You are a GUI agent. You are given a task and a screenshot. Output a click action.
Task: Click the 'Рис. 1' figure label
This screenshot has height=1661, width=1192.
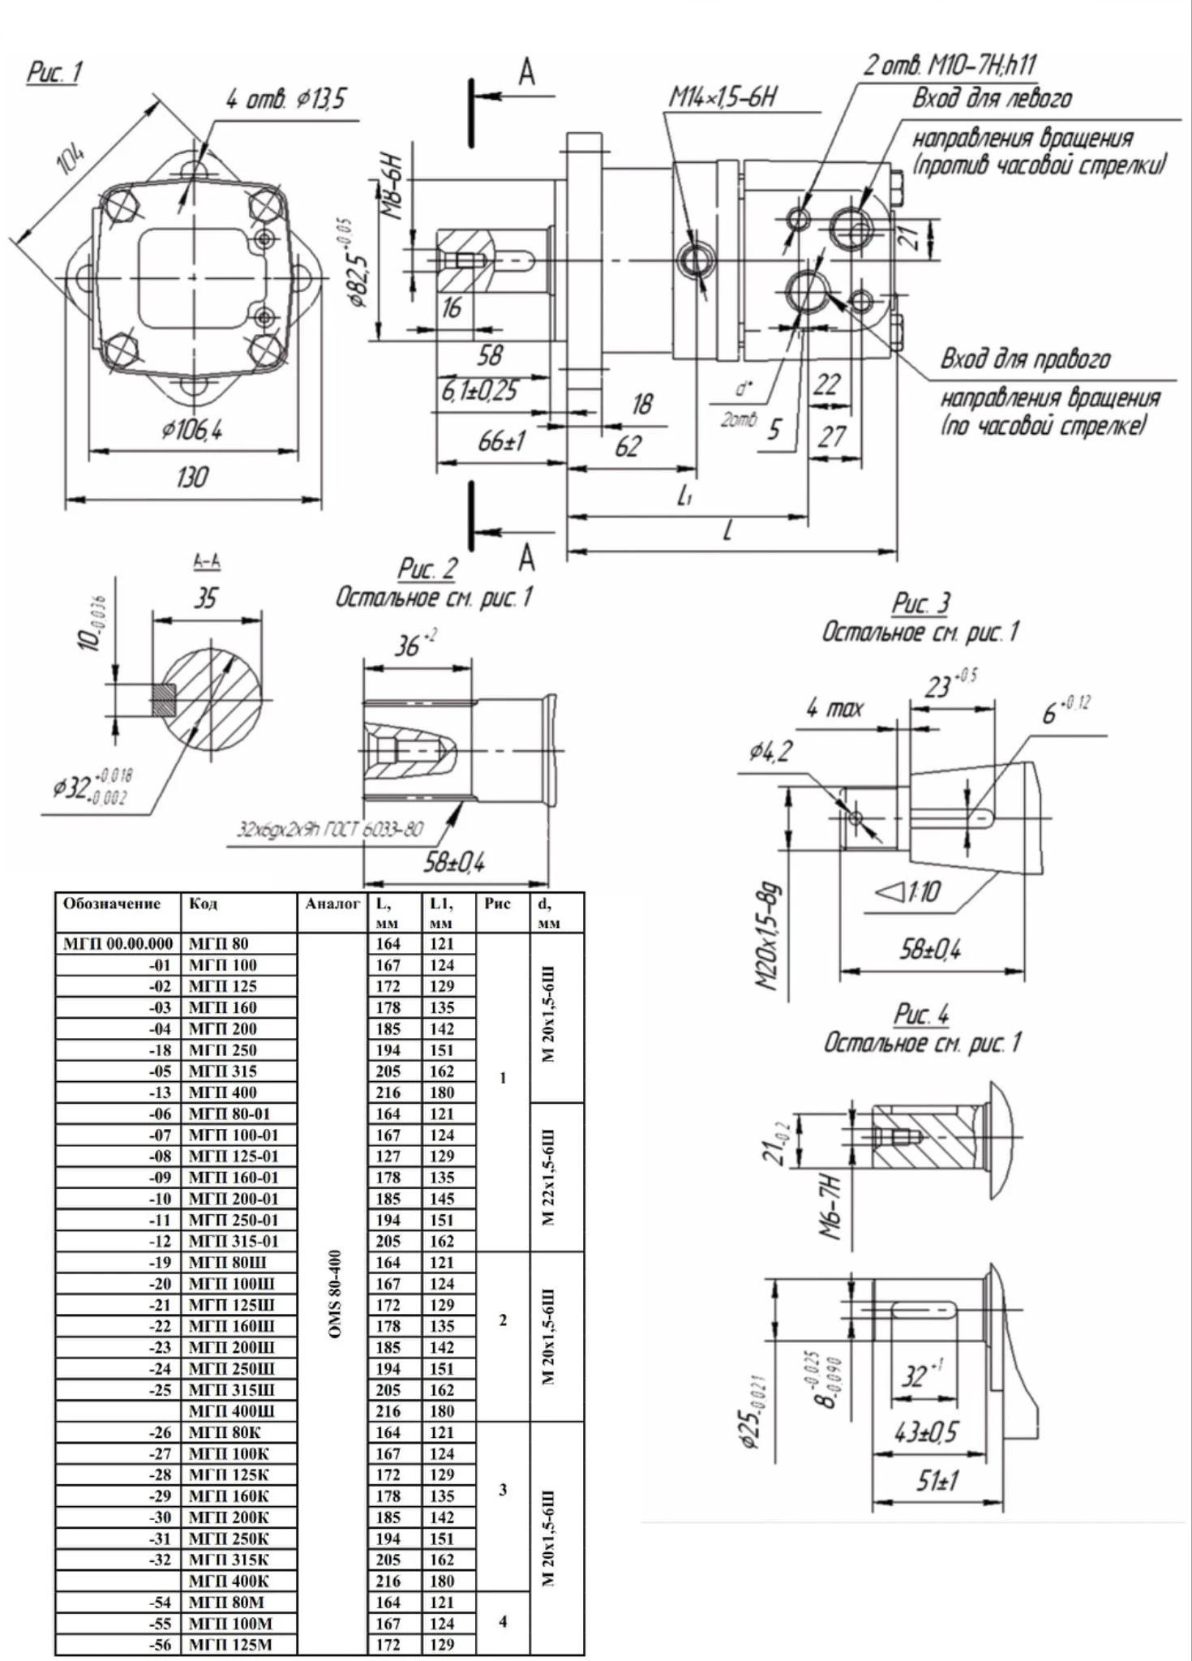(54, 73)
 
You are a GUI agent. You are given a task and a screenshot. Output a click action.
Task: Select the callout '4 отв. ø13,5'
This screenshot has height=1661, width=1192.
(285, 100)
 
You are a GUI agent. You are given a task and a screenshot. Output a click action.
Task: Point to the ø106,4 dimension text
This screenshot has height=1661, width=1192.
(192, 430)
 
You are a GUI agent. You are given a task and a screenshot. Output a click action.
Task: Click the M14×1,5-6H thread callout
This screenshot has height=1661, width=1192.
(722, 97)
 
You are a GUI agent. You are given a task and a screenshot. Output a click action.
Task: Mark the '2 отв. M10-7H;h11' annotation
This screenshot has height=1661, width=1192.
(950, 65)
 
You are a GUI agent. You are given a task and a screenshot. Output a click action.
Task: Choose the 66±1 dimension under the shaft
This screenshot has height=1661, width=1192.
(501, 442)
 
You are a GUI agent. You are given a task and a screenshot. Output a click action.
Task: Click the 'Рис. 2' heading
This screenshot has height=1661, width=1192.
(427, 569)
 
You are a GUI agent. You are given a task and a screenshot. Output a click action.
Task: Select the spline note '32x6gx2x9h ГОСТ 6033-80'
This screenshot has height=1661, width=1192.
(329, 830)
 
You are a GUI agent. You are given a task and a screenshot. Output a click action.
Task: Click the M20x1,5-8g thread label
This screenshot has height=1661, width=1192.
(767, 937)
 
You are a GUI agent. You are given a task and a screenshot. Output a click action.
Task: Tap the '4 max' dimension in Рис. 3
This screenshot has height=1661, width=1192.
(834, 709)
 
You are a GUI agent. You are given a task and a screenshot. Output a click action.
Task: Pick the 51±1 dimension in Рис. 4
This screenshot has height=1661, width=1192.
(937, 1482)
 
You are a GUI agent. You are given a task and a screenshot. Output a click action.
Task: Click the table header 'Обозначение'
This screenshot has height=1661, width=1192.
(112, 904)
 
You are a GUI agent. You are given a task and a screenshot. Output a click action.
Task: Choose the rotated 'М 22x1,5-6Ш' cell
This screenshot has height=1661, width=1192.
(549, 1176)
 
